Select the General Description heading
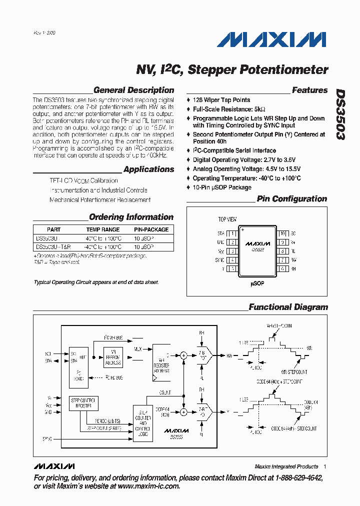coord(133,90)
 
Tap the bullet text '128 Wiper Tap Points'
coord(221,100)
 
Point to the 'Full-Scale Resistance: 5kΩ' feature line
coord(229,109)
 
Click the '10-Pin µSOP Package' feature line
coord(222,187)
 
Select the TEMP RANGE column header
coord(103,229)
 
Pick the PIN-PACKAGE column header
coord(151,229)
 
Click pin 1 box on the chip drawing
coord(232,233)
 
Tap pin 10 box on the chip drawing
coord(282,233)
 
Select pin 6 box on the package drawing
coord(282,268)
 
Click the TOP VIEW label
coord(227,219)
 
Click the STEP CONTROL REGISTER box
coord(82,402)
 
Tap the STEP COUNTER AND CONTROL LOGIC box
coord(144,423)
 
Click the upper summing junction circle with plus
coord(183,355)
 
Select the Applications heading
coord(148,169)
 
